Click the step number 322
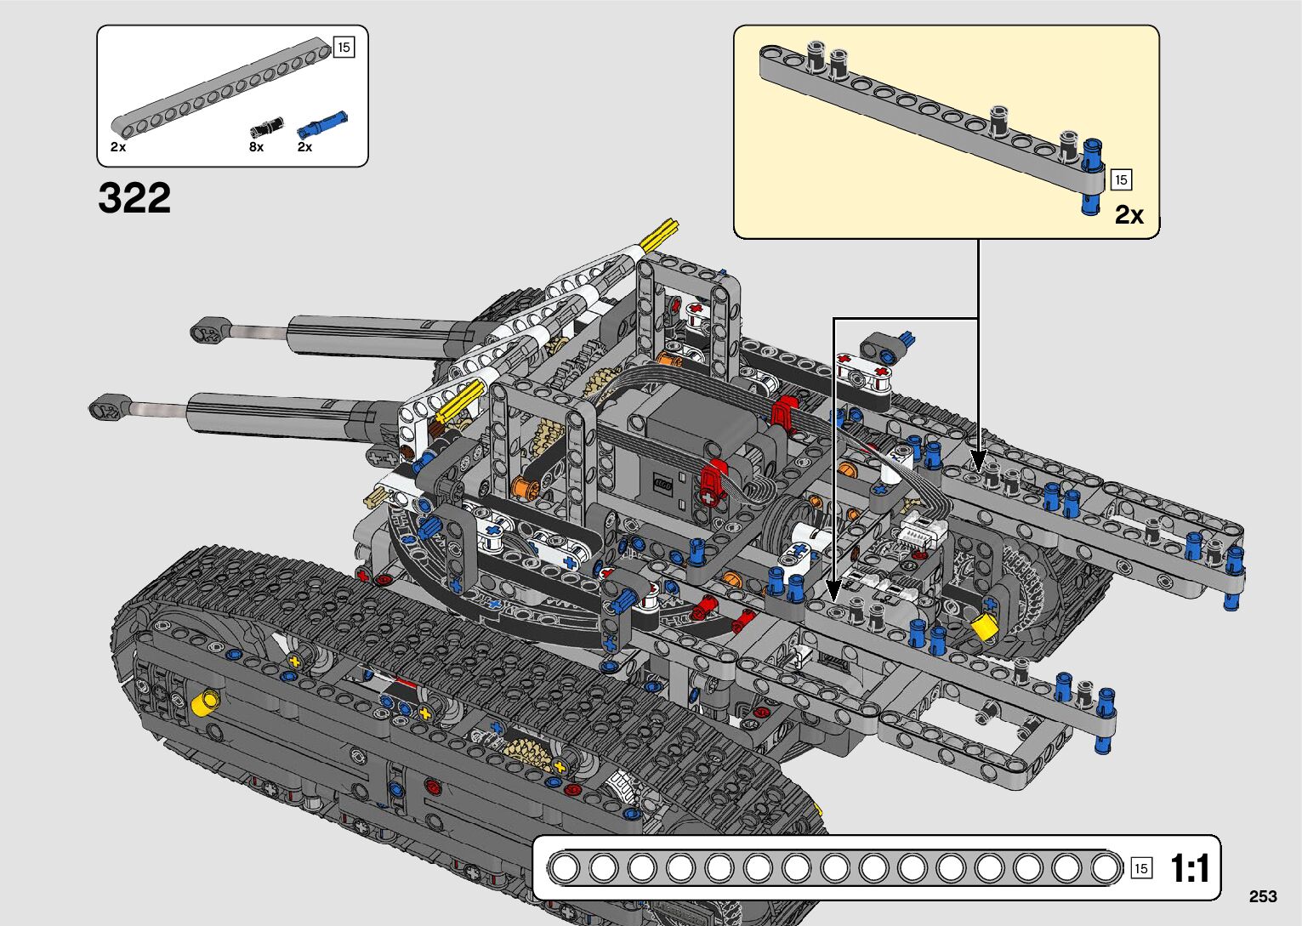point(134,198)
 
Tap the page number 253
point(1263,896)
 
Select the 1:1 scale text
point(1189,869)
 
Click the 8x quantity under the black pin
point(256,147)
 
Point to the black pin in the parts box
point(265,128)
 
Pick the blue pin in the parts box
point(321,126)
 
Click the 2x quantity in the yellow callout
point(1129,215)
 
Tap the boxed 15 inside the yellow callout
point(1121,179)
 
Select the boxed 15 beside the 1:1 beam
point(1141,868)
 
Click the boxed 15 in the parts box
point(344,48)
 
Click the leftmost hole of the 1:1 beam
point(564,868)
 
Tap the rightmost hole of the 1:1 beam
point(1106,868)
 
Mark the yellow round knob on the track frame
point(205,702)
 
